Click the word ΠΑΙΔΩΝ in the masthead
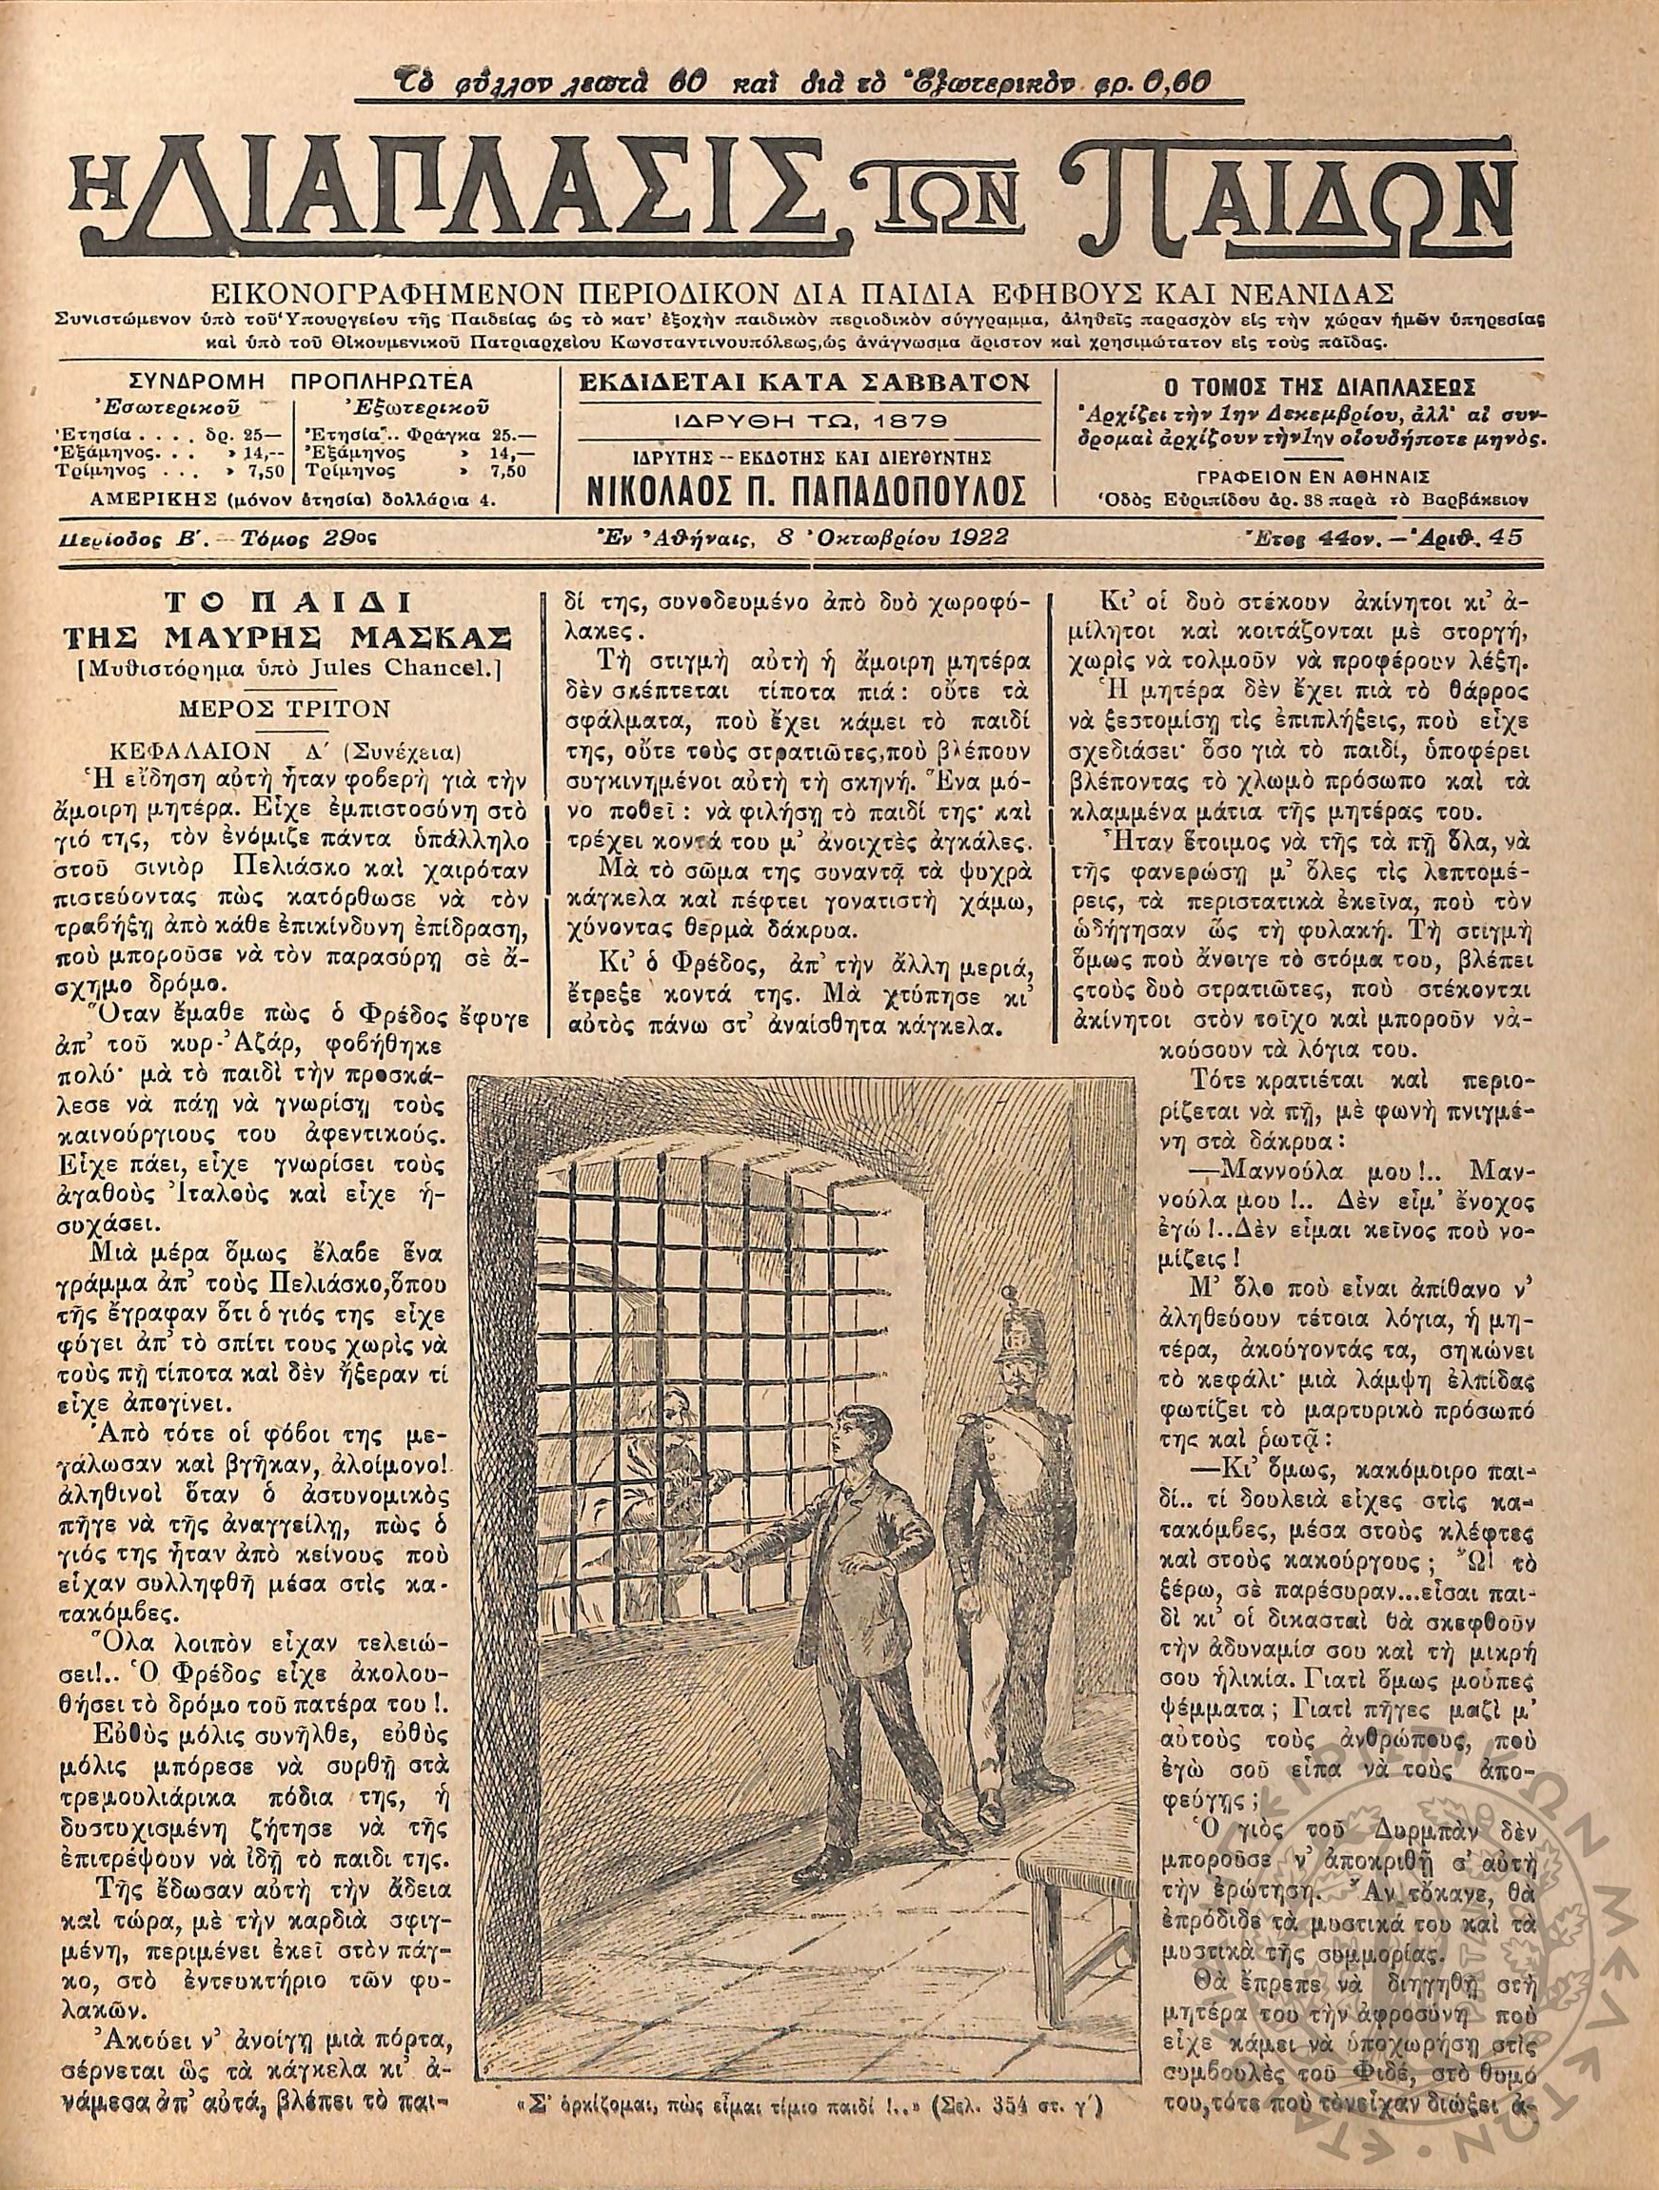pos(1277,198)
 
